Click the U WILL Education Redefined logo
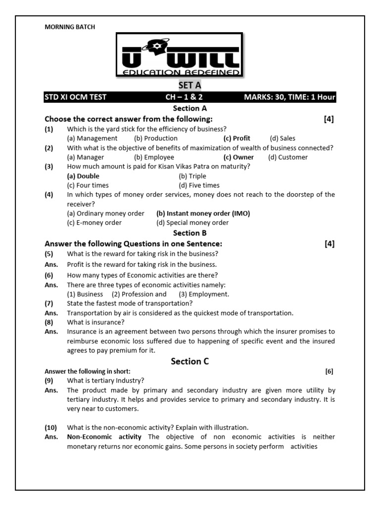pos(179,55)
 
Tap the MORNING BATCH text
pos(70,27)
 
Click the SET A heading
pos(190,85)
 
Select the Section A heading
pos(190,108)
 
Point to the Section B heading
pos(190,233)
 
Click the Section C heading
pos(190,361)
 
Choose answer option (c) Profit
pos(237,138)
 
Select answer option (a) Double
pos(83,176)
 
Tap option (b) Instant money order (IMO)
pos(203,213)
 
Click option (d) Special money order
pos(192,223)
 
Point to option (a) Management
pos(92,138)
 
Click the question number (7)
pos(48,303)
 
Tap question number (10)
pos(50,427)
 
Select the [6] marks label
pos(330,371)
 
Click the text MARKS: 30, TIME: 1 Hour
pos(289,97)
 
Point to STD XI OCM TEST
pos(75,97)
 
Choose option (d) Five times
pos(199,185)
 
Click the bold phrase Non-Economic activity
pos(104,437)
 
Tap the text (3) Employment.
pos(204,294)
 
